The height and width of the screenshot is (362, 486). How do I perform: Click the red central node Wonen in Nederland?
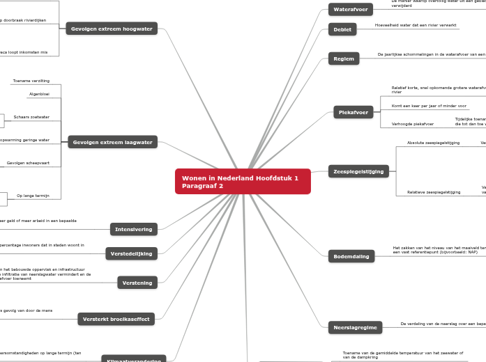pyautogui.click(x=243, y=182)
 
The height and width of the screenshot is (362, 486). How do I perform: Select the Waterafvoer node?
pyautogui.click(x=351, y=10)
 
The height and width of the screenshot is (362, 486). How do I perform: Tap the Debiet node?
pyautogui.click(x=342, y=29)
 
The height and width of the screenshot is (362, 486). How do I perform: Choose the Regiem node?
pyautogui.click(x=344, y=58)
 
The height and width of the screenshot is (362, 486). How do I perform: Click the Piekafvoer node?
pyautogui.click(x=354, y=112)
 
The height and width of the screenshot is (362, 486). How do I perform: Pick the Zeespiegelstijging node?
pyautogui.click(x=359, y=171)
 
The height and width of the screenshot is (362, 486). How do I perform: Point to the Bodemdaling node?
pyautogui.click(x=351, y=256)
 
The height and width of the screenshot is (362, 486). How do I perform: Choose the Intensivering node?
pyautogui.click(x=134, y=228)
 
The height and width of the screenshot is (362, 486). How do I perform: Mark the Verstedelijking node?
pyautogui.click(x=131, y=253)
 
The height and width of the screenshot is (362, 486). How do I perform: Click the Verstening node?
pyautogui.click(x=137, y=283)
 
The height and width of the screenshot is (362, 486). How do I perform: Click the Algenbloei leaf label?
pyautogui.click(x=39, y=94)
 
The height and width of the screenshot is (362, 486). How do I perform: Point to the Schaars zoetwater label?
pyautogui.click(x=31, y=117)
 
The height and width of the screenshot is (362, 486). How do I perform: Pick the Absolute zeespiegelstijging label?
pyautogui.click(x=433, y=143)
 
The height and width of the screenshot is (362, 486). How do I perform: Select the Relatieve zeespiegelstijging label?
pyautogui.click(x=434, y=192)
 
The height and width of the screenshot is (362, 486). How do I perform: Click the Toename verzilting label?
pyautogui.click(x=31, y=81)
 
